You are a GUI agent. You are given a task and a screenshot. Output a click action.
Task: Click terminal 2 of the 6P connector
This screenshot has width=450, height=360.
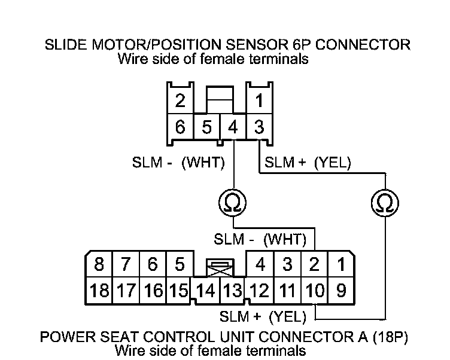coord(180,100)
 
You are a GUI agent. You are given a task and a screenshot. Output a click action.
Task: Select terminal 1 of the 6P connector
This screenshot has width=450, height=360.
coord(259,100)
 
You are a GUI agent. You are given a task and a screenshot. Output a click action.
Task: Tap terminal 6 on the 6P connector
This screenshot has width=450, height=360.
coord(180,127)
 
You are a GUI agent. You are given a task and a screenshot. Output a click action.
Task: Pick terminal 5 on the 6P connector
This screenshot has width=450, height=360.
coord(206,127)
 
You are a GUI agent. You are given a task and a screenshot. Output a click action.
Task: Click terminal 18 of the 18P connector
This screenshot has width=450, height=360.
coord(98,291)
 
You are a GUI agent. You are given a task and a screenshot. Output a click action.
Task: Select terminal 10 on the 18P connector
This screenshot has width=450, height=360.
coord(315,291)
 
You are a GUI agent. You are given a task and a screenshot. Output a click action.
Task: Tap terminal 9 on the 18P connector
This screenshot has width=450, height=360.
coord(340,291)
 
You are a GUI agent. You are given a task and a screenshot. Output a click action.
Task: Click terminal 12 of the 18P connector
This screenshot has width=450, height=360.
coord(260,291)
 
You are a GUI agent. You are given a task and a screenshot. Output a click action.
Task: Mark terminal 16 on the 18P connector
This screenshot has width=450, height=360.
coord(153,291)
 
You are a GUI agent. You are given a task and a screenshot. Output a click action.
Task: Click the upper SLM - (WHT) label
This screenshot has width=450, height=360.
coord(178,162)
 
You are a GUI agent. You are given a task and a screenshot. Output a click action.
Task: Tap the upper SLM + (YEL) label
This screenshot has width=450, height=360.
coord(308,162)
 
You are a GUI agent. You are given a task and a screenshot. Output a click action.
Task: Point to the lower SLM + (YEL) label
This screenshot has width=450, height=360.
coord(263,315)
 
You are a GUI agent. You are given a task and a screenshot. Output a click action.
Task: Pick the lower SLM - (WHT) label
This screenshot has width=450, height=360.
coord(260,240)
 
